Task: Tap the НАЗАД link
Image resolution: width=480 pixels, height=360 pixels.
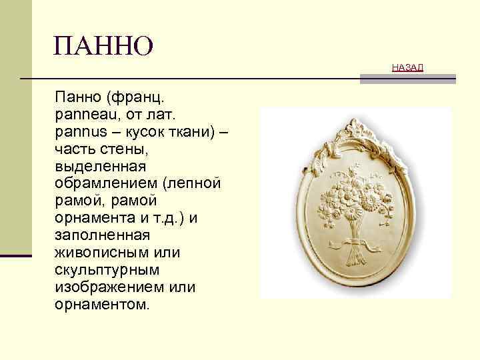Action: pos(407,67)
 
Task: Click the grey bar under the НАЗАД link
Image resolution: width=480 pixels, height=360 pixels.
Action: pos(407,79)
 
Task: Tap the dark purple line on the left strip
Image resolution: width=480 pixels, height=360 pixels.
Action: pos(16,255)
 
